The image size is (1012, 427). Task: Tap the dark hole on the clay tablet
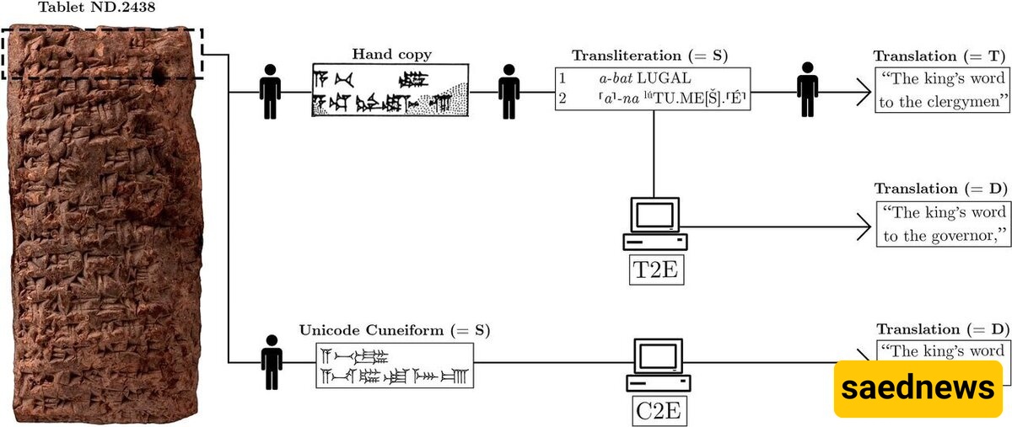[x=159, y=77]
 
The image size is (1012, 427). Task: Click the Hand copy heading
[x=391, y=55]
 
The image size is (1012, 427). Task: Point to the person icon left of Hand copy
[x=270, y=91]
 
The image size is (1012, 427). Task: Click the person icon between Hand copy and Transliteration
[x=509, y=91]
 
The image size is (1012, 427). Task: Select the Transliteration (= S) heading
[x=649, y=56]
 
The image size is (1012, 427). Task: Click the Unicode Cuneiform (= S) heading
[x=395, y=328]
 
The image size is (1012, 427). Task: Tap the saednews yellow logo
[x=918, y=388]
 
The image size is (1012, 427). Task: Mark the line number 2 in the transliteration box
[x=563, y=99]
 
